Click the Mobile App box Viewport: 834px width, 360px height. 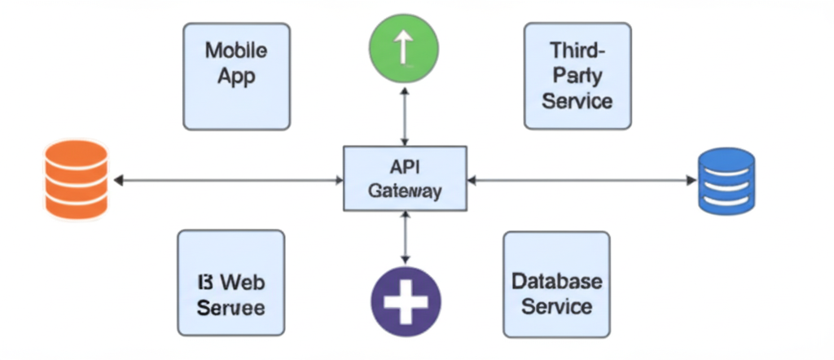click(235, 76)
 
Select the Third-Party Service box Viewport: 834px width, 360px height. click(577, 76)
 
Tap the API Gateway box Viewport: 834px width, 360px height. click(405, 180)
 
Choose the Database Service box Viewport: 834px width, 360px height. click(556, 283)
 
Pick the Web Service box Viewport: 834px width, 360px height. click(230, 283)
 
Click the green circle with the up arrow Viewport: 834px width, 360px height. click(405, 50)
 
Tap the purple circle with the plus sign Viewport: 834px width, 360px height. click(405, 297)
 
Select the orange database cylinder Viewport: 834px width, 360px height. click(76, 180)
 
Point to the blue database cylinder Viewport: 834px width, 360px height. click(727, 180)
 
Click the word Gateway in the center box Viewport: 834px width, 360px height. click(405, 192)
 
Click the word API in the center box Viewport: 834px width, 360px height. click(405, 167)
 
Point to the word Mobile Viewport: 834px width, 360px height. click(235, 50)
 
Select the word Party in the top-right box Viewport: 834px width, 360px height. click(577, 76)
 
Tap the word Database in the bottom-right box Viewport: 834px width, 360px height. click(557, 282)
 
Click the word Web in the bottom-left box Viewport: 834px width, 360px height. click(242, 283)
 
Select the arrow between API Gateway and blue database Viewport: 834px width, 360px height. click(582, 180)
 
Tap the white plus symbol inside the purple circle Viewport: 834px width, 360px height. click(405, 298)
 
